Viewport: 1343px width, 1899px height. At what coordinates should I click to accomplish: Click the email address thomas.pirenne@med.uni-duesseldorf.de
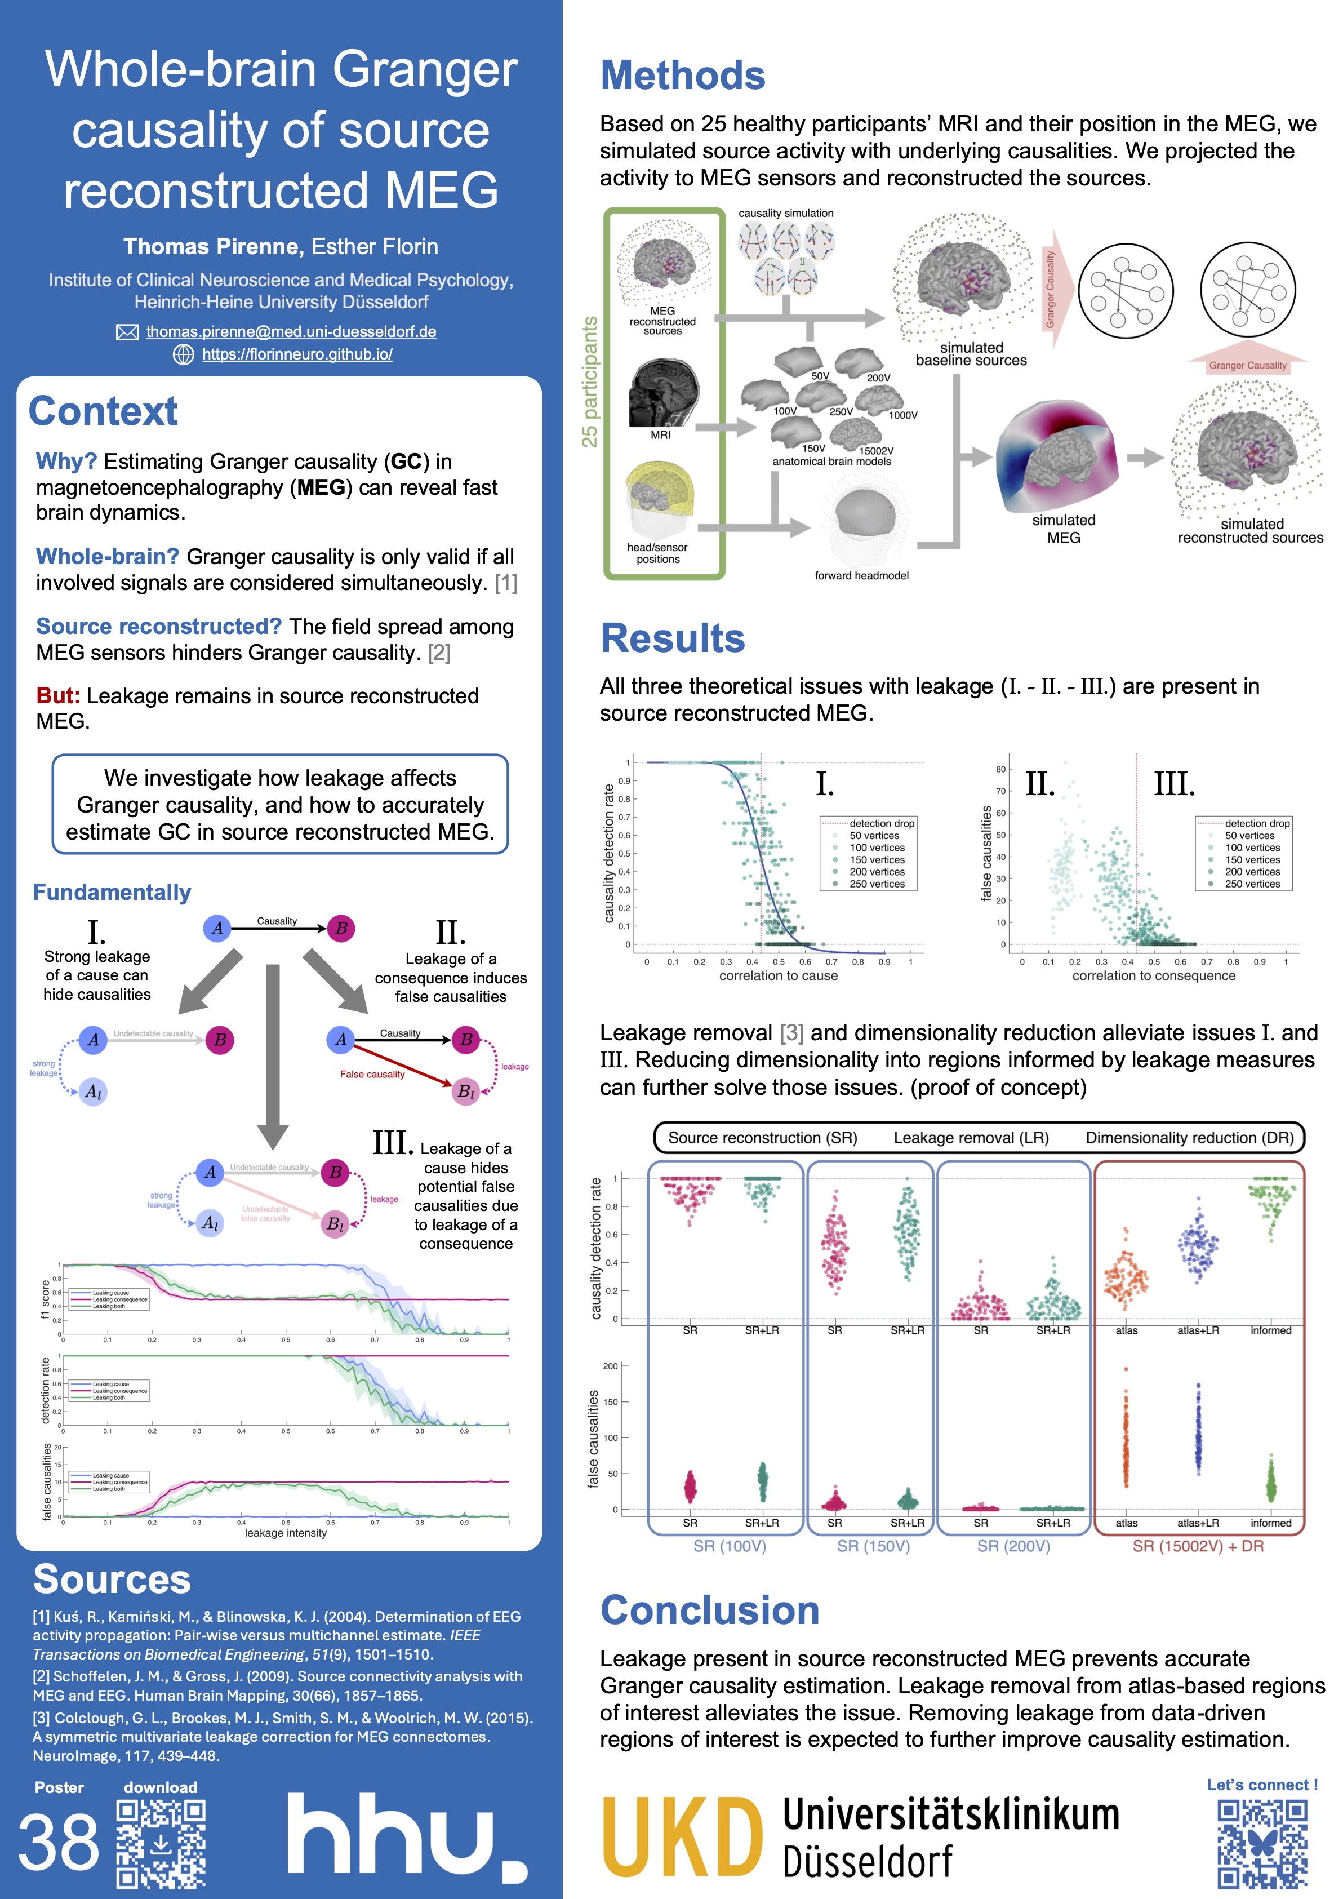(291, 332)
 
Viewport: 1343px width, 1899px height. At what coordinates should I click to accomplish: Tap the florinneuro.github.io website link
(297, 354)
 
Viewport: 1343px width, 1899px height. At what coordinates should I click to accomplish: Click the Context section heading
(103, 411)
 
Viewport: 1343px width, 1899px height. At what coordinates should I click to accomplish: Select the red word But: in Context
(58, 695)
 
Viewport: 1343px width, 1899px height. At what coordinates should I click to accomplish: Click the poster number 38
(58, 1843)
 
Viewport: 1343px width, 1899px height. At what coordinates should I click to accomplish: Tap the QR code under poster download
(161, 1844)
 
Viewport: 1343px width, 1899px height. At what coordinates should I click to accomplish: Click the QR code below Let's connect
(1262, 1844)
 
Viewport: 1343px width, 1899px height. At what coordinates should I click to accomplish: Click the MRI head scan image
(663, 392)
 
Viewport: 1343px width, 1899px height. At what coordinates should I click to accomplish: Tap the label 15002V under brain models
(876, 451)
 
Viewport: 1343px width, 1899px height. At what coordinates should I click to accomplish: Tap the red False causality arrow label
(372, 1075)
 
